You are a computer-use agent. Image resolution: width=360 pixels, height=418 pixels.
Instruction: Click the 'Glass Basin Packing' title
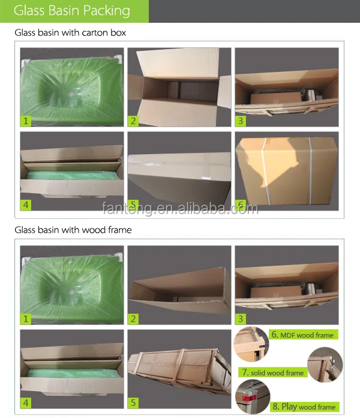pos(72,11)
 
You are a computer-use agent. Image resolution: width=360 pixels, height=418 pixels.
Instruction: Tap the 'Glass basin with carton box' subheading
pos(70,32)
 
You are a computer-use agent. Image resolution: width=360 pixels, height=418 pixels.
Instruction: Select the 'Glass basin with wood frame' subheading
pos(73,230)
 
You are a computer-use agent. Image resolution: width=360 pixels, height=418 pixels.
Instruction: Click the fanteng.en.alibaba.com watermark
pos(180,209)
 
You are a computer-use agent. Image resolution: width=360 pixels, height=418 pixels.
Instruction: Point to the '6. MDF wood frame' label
pos(304,335)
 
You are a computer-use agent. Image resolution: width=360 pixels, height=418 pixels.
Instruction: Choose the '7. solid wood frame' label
pos(273,372)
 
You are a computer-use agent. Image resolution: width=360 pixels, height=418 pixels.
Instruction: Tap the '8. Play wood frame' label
pos(305,407)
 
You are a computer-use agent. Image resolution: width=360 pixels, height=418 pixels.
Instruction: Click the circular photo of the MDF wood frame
pos(251,344)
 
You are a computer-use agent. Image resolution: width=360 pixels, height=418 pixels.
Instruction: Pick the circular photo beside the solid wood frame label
pos(325,365)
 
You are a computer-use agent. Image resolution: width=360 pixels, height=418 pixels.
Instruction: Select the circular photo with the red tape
pos(253,396)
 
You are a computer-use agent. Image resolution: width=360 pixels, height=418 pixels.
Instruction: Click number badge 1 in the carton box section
pos(26,121)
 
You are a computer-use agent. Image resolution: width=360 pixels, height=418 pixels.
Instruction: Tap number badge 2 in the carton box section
pos(133,121)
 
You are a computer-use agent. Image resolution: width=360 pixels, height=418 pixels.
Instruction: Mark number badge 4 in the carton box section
pos(26,205)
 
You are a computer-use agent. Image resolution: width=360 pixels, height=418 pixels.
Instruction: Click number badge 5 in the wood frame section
pos(133,403)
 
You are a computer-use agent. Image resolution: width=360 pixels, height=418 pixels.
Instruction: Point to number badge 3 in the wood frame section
pos(241,319)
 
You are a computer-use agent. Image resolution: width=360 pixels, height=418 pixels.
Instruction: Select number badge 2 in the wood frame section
pos(133,319)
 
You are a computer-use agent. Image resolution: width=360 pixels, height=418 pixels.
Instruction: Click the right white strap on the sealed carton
pos(310,170)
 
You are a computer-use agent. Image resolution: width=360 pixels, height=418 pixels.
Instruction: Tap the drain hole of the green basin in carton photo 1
pos(71,94)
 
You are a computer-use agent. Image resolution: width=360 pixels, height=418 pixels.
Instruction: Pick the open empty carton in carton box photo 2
pos(179,87)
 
